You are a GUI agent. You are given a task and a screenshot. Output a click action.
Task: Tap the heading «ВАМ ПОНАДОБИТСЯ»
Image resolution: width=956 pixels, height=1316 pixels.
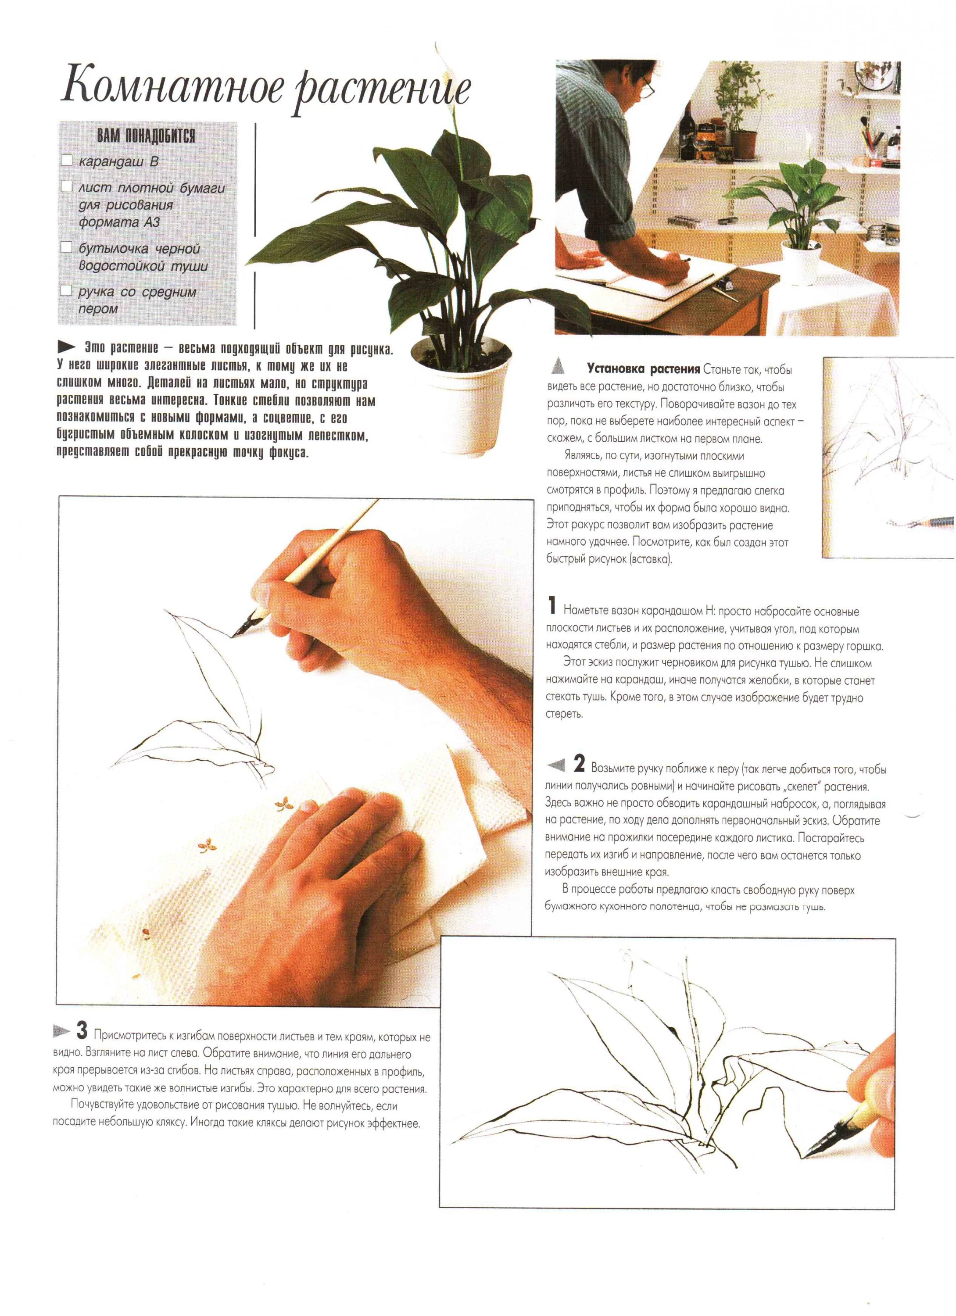coord(146,136)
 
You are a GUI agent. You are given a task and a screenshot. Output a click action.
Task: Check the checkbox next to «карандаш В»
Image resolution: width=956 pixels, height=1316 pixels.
coord(67,160)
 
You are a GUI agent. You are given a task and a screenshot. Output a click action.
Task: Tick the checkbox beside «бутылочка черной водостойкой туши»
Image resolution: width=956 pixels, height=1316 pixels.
coord(67,247)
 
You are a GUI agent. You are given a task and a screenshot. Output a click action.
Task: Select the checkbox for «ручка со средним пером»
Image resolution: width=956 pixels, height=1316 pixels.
coord(67,290)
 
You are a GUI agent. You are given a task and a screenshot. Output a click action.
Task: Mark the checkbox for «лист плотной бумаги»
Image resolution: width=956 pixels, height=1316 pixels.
coord(67,186)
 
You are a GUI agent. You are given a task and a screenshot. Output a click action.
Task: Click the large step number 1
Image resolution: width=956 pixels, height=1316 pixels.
coord(552,606)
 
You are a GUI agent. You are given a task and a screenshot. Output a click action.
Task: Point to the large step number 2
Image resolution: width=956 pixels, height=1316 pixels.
coord(579,764)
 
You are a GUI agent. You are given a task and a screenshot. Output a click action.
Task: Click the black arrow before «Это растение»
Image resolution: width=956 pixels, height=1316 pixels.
coord(66,347)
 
